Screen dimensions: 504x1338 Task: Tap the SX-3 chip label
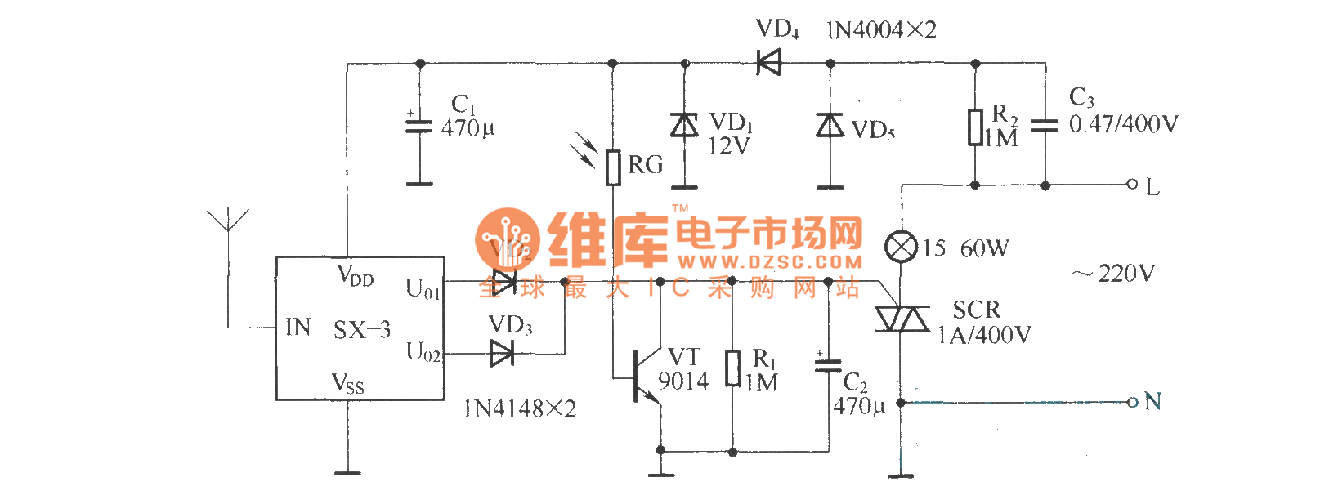click(362, 330)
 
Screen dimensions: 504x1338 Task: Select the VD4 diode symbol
click(768, 62)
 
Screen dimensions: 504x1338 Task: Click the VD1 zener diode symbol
click(684, 125)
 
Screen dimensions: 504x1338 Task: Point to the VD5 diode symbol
click(830, 125)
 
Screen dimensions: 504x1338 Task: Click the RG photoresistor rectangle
click(613, 167)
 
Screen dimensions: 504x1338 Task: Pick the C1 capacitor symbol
click(419, 126)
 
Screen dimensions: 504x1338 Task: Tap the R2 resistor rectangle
click(975, 127)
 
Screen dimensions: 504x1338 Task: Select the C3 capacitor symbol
click(1045, 126)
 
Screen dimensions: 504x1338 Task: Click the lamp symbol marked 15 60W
click(901, 247)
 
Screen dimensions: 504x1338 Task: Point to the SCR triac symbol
click(901, 319)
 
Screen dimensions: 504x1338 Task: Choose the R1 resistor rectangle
click(733, 368)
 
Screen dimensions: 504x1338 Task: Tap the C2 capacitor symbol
click(828, 365)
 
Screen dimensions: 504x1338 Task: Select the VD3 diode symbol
click(501, 354)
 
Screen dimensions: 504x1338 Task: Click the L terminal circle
click(1132, 185)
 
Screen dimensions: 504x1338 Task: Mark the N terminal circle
click(1132, 402)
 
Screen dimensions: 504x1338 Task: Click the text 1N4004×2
click(881, 30)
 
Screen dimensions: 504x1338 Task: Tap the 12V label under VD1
click(728, 146)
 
